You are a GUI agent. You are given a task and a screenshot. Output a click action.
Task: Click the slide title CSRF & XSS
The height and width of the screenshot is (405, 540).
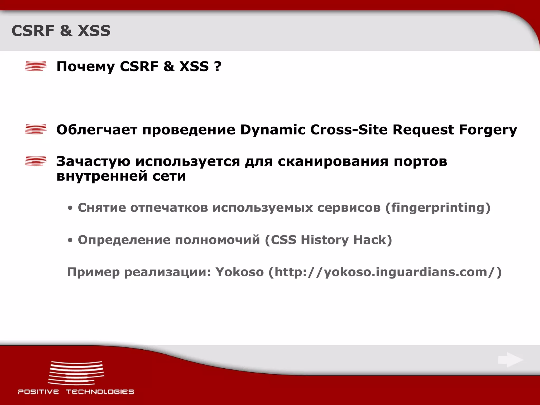(x=61, y=31)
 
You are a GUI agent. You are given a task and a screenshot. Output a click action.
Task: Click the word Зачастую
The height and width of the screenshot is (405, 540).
(x=93, y=161)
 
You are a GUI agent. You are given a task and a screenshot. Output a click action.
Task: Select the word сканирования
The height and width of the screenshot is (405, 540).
(x=333, y=161)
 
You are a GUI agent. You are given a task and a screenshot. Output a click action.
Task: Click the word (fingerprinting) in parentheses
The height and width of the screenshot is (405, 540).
(x=438, y=208)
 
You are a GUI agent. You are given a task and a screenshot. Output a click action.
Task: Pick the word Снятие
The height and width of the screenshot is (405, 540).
(x=102, y=208)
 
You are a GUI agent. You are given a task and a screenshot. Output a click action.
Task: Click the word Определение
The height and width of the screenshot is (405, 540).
(x=124, y=240)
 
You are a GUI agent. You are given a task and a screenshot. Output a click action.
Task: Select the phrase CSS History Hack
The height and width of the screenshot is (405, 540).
(x=328, y=240)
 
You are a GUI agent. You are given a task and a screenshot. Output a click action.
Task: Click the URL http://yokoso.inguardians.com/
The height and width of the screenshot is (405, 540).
(x=385, y=272)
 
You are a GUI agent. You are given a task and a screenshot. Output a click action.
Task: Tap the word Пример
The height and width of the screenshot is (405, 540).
(x=93, y=272)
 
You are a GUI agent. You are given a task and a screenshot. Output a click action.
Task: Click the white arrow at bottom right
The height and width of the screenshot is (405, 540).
(x=510, y=360)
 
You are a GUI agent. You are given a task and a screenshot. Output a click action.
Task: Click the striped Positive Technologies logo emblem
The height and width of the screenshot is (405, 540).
(x=76, y=373)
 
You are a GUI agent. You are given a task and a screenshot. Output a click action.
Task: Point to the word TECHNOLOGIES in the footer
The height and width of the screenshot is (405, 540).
(x=100, y=392)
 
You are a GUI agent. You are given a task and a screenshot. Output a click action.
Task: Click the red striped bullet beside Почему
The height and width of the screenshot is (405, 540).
(x=36, y=66)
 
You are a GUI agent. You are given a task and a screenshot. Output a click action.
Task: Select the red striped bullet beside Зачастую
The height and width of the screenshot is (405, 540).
(x=36, y=161)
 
